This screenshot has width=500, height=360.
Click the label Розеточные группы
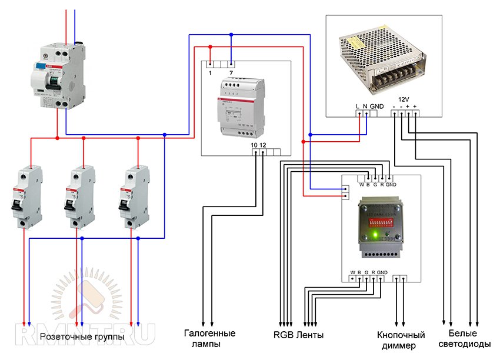pos(82,337)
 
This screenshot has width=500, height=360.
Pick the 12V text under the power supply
pos(404,99)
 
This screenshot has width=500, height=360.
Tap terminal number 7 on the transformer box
pos(231,72)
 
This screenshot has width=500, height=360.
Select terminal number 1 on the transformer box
pos(210,72)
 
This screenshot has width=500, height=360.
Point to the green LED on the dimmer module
pos(374,236)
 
